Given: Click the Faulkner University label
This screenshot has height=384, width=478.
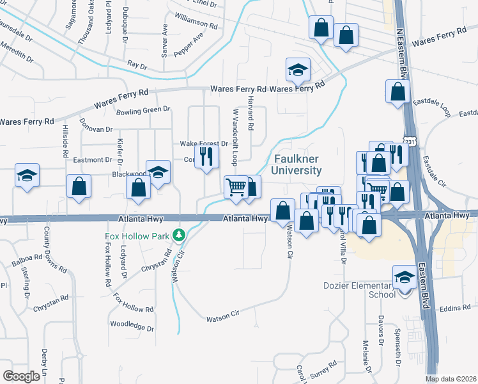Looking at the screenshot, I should [297, 164].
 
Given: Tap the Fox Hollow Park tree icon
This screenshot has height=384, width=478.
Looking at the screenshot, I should [180, 236].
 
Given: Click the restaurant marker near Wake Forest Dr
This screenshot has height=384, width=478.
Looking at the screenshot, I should [206, 157].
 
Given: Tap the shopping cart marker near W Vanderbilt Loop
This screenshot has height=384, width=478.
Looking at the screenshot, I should [236, 188].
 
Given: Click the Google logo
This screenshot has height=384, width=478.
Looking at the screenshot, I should [21, 376].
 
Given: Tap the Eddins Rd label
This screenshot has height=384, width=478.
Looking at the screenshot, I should [455, 309].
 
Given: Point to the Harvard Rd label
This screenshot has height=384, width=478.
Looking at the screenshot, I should [251, 120].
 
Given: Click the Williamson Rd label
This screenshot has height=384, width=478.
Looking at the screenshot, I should [196, 23].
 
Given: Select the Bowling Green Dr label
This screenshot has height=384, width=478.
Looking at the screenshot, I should [144, 111].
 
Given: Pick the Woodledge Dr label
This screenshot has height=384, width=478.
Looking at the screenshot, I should [132, 326].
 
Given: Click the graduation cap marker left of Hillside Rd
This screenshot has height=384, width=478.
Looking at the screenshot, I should [27, 175].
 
